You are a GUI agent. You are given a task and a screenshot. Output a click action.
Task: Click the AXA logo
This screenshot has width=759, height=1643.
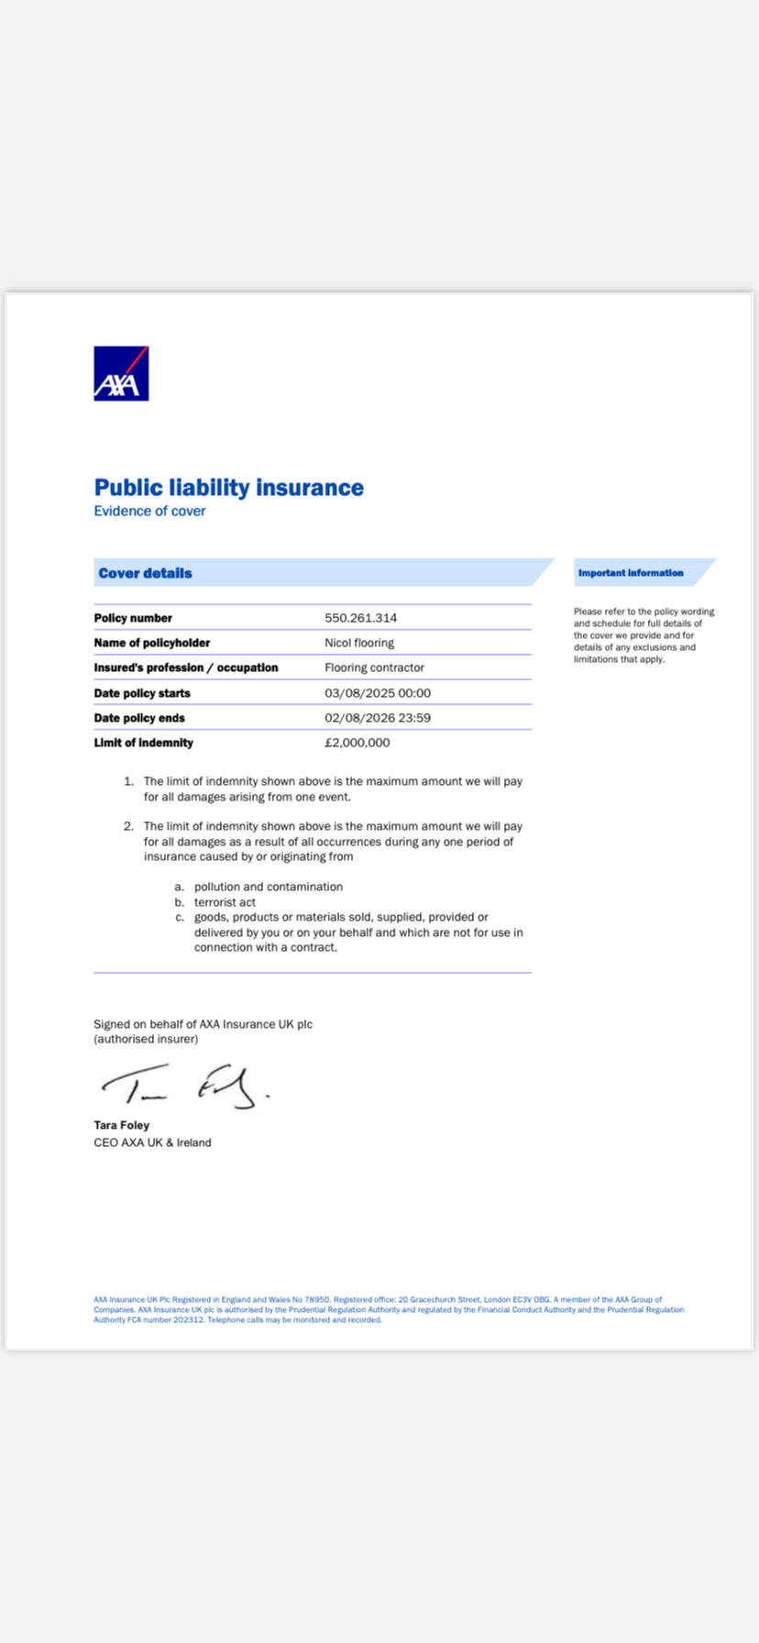pos(121,373)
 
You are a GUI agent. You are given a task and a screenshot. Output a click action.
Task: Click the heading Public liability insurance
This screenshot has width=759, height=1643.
pos(228,487)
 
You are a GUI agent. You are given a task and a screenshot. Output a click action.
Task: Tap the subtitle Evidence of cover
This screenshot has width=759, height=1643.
pos(149,512)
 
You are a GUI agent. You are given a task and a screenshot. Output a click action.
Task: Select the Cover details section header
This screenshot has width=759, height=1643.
pos(146,573)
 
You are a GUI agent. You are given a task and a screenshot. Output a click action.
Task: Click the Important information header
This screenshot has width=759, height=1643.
pos(631,573)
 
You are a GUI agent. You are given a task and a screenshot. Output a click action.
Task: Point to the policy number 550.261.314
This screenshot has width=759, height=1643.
pos(360,618)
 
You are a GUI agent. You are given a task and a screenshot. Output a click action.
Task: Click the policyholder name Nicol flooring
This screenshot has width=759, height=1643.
pos(359,643)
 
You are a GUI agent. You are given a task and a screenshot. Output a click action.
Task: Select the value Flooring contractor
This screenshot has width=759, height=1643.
pos(374,667)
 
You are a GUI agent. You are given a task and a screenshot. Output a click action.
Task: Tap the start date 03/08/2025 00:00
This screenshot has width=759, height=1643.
pos(378,693)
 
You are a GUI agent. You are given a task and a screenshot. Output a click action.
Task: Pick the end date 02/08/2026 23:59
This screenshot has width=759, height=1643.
pos(378,718)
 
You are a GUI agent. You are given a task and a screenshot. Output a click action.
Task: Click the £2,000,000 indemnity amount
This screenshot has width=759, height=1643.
pos(357,743)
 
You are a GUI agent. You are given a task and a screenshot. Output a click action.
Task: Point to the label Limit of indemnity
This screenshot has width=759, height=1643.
pos(143,743)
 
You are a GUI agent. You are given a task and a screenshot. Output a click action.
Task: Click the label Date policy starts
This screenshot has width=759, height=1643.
pos(142,693)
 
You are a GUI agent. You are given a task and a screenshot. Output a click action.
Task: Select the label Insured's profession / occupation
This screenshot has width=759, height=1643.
pos(185,667)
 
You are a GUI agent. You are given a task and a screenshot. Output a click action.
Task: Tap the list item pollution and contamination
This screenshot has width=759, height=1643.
pos(268,887)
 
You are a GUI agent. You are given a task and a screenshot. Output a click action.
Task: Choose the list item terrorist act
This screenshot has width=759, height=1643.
pos(225,902)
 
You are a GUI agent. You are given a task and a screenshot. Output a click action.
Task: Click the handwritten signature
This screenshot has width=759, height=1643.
pos(184,1086)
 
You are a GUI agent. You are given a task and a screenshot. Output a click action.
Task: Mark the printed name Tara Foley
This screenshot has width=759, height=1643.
pos(121,1125)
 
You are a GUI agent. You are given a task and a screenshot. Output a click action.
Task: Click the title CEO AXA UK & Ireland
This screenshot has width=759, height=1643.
pos(152,1142)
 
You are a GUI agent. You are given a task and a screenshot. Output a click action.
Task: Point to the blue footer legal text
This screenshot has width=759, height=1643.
pos(389,1309)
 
